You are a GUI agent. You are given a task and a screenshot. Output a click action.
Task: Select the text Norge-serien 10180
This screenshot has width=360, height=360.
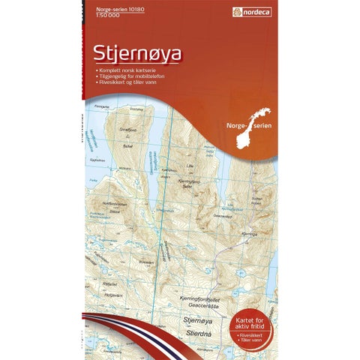coord(109,9)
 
